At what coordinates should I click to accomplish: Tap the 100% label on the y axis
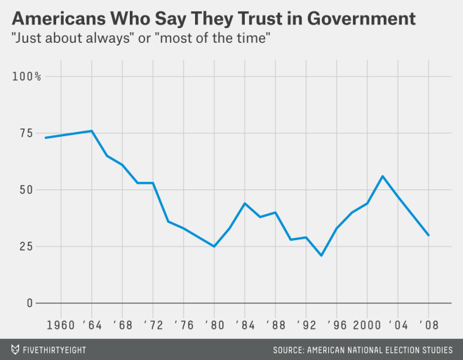[27, 76]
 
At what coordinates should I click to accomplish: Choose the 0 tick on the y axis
[29, 303]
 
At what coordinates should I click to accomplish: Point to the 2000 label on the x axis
[366, 325]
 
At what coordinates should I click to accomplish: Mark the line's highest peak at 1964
[92, 131]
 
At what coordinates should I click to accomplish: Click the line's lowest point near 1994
[321, 255]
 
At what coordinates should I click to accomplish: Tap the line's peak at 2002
[382, 176]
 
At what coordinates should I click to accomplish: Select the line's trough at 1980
[214, 246]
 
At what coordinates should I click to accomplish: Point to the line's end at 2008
[429, 235]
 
